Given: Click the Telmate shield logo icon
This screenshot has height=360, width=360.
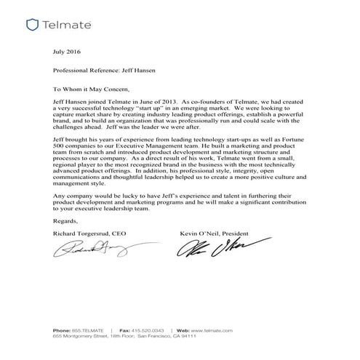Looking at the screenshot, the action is (31, 25).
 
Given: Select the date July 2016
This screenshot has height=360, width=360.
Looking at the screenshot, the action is (68, 52).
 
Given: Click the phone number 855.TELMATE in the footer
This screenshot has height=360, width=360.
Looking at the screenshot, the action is (85, 331).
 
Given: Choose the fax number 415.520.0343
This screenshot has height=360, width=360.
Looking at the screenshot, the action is (150, 331).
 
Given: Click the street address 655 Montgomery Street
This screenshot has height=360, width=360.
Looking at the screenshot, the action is (81, 338).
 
